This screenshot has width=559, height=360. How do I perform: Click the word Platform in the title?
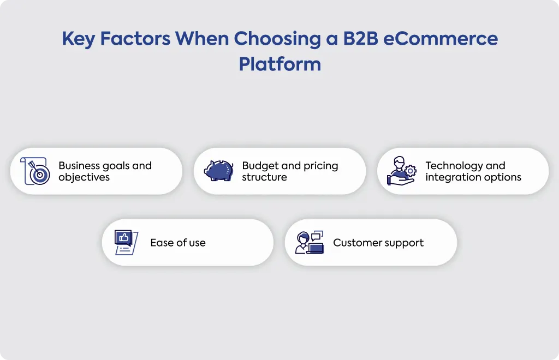[x=280, y=64]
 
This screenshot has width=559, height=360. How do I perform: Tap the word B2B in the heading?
[x=360, y=39]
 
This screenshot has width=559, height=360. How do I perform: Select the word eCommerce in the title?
[x=441, y=39]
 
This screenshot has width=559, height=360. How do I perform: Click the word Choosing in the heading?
[x=277, y=39]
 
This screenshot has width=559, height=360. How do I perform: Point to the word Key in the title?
[x=79, y=39]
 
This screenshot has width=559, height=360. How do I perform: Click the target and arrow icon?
[x=35, y=171]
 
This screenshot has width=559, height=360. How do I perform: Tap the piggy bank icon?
[x=218, y=171]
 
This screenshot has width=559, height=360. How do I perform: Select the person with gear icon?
[x=401, y=171]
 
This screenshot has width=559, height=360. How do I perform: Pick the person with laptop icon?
[x=310, y=243]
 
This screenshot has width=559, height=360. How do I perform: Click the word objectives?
[x=84, y=177]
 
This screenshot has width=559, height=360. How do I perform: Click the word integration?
[x=453, y=177]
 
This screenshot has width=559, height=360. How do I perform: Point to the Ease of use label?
[x=178, y=243]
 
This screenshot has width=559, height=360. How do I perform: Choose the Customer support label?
[x=378, y=243]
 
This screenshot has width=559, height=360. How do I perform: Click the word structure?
[x=265, y=177]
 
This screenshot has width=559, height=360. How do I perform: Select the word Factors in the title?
[x=135, y=39]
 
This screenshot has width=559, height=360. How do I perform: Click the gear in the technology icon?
[x=411, y=171]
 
